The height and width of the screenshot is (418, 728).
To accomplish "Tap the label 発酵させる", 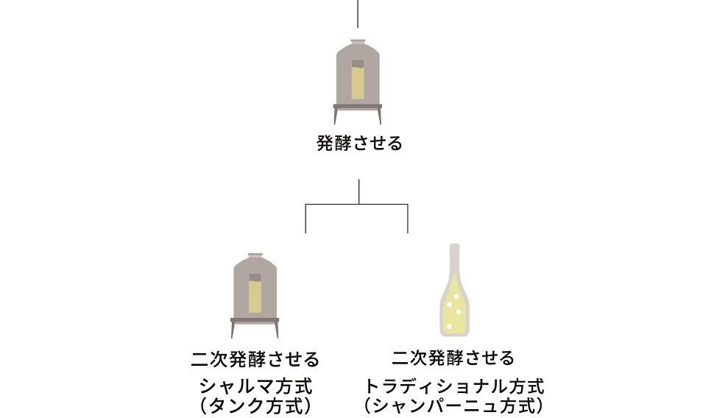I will click(x=359, y=144).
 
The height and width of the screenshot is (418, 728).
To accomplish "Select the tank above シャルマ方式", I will click(x=255, y=291).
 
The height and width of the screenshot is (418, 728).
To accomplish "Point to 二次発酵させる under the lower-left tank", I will click(x=255, y=360).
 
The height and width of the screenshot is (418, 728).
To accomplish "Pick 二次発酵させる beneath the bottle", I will click(x=453, y=358).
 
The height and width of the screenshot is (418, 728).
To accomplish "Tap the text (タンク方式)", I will click(x=255, y=405).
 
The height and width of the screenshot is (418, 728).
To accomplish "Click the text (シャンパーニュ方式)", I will click(x=453, y=405).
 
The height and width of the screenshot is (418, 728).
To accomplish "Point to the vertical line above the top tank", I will click(x=358, y=13).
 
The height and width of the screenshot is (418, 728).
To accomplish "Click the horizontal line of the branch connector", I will click(x=357, y=204).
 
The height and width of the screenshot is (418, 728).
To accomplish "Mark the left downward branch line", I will click(x=305, y=219).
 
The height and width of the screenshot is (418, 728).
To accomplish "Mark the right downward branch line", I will click(x=408, y=219).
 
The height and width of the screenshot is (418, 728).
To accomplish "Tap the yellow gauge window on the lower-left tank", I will click(x=255, y=294).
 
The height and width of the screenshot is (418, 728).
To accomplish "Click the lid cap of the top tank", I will click(x=358, y=42).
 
